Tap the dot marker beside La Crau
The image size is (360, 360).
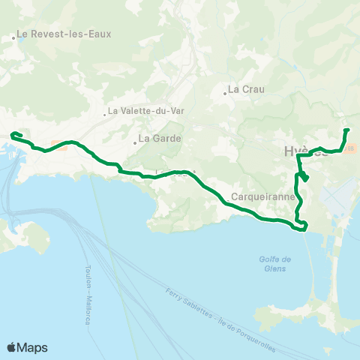pos(224,94)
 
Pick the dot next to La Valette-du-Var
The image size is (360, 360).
pos(105,115)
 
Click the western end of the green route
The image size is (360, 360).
pos(12,135)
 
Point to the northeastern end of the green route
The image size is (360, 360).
pos(346,130)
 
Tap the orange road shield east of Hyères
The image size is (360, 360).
pos(350,149)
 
